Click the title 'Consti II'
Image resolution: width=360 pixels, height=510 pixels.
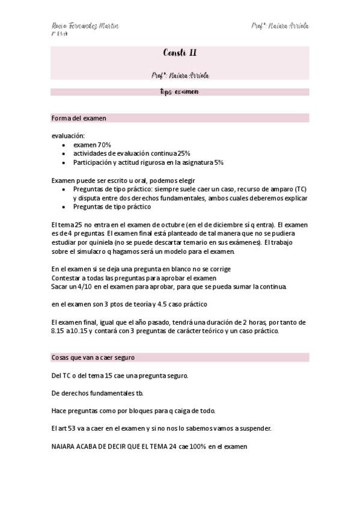tap(180, 54)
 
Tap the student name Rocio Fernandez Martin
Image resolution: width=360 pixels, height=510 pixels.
tap(85, 26)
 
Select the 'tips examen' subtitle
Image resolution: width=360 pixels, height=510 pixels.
tap(180, 92)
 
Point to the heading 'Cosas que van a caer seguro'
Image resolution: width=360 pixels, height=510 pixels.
tap(93, 357)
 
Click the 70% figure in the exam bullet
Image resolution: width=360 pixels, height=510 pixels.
tap(105, 145)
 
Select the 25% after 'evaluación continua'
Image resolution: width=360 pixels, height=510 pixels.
tap(184, 153)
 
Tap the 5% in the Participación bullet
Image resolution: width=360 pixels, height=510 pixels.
tap(219, 162)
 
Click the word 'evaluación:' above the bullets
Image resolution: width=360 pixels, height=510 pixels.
tap(68, 136)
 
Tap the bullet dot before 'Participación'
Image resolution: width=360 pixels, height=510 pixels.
tap(64, 162)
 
